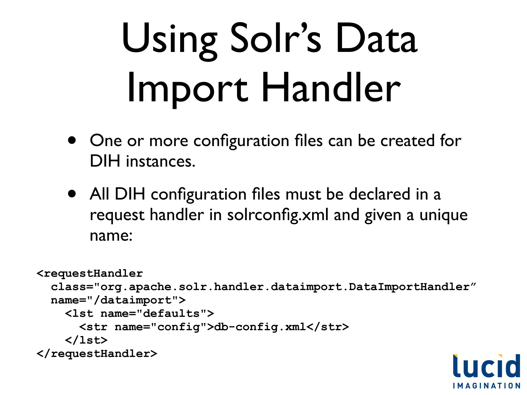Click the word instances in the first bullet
[x=161, y=161]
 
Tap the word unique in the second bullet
[x=443, y=215]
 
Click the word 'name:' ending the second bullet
[x=111, y=236]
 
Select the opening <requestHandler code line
[x=90, y=273]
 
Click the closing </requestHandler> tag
[x=97, y=354]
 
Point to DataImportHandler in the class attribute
[x=409, y=287]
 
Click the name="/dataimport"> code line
[x=118, y=300]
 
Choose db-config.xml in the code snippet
[x=260, y=327]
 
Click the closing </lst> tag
[x=86, y=340]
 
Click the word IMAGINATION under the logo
[x=487, y=386]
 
